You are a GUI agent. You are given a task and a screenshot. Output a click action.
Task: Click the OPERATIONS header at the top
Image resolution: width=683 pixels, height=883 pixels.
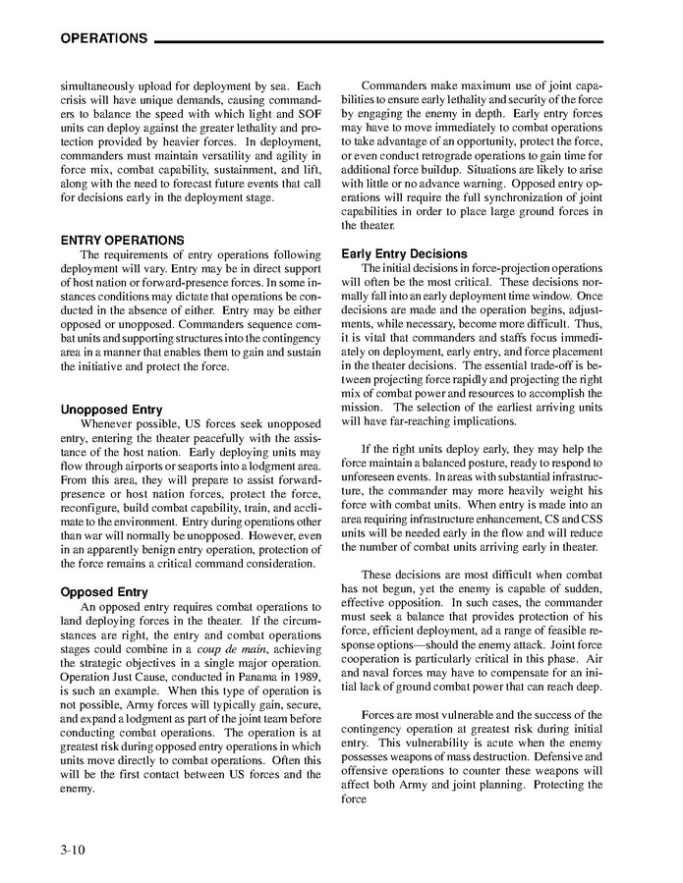[x=103, y=39]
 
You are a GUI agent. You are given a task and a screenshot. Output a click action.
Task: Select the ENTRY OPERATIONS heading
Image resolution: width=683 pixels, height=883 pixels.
[x=123, y=240]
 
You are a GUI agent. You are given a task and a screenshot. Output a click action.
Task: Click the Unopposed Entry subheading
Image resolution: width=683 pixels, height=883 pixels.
[x=112, y=409]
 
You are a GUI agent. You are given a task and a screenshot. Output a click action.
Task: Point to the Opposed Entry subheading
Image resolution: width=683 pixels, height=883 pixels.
[x=104, y=592]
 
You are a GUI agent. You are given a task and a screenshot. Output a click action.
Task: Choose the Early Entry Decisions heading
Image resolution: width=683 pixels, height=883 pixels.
[x=404, y=253]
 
